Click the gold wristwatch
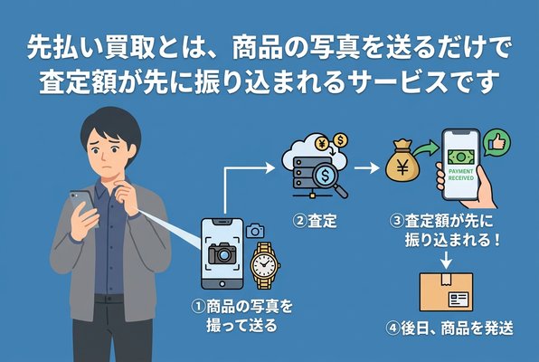coord(263,262)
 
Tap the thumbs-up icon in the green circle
coord(494,142)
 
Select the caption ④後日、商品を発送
coord(449,329)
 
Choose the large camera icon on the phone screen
coord(222,254)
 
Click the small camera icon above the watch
coord(255,231)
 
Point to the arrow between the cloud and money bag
coord(365,167)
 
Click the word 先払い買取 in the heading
coord(82,44)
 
